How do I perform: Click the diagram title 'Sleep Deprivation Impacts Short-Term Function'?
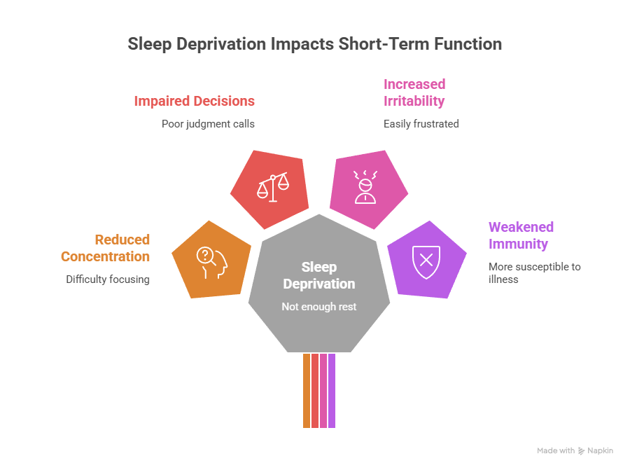(314, 44)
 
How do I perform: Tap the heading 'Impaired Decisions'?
(194, 101)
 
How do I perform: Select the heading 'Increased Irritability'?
(414, 92)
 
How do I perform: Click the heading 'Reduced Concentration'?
(105, 248)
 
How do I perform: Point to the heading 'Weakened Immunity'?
(521, 235)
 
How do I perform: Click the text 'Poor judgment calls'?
(207, 124)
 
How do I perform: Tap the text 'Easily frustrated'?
(421, 124)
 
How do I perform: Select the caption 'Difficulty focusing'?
(108, 279)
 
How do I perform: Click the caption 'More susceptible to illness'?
(534, 272)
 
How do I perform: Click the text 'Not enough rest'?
(318, 306)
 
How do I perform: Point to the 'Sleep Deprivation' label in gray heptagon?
(318, 275)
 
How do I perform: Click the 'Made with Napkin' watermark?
(575, 450)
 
